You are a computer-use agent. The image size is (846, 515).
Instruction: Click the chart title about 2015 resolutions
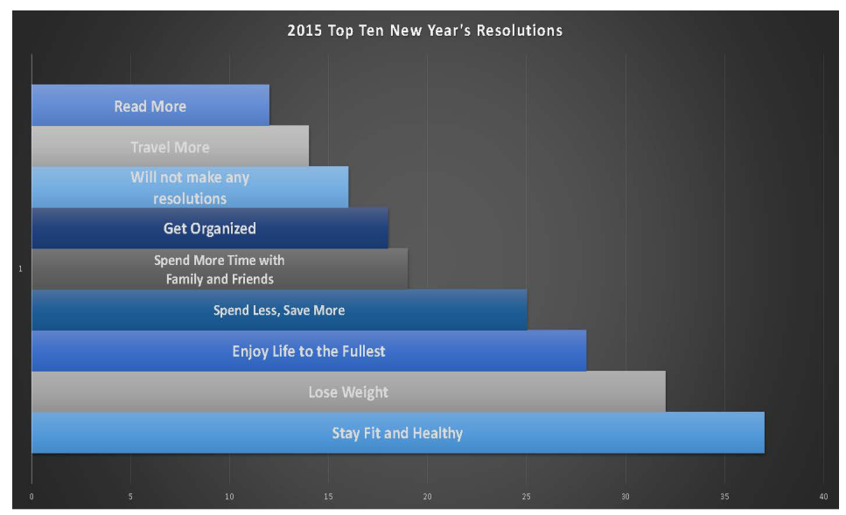point(424,31)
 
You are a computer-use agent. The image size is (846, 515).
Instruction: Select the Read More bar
point(150,105)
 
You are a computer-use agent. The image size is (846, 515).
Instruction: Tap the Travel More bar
point(171,146)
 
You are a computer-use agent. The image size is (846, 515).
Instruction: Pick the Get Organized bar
point(210,228)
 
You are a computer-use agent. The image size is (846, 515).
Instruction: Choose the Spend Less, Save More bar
point(279,310)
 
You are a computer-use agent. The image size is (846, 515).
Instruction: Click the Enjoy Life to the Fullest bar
point(309,351)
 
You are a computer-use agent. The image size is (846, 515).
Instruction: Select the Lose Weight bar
point(348,392)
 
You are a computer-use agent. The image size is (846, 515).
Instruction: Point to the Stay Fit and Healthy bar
point(398,433)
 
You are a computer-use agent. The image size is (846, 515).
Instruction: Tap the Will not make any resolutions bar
point(190,187)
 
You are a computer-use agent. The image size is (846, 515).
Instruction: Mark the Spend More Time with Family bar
point(220,269)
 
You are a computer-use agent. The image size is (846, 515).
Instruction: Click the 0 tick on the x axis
point(31,497)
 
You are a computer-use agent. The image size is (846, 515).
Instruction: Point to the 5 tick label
point(130,497)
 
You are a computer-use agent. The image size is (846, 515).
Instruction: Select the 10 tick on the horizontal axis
point(229,497)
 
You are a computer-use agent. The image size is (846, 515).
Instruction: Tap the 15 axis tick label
point(328,497)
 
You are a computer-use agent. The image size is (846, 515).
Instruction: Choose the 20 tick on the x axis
point(427,497)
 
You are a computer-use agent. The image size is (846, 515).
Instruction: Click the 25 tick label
point(526,497)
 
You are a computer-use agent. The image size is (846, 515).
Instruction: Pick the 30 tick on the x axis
point(626,497)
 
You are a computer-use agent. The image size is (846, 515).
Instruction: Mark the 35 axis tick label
point(724,497)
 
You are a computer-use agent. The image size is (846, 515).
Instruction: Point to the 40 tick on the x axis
point(823,497)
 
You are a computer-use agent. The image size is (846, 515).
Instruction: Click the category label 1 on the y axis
point(20,268)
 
